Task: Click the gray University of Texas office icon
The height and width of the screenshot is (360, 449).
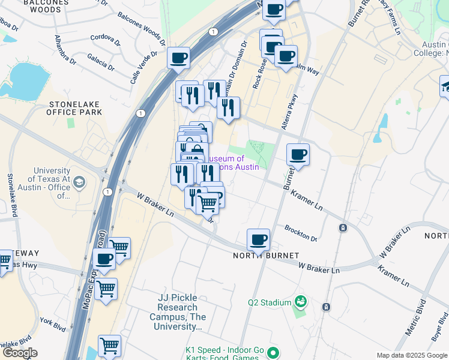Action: point(82,181)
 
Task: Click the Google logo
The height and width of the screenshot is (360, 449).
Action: point(20,353)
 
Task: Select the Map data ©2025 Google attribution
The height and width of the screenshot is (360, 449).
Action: point(412,355)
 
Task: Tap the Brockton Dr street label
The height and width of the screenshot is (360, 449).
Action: point(301,234)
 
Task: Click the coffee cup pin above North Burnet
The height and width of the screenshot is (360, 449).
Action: point(259,240)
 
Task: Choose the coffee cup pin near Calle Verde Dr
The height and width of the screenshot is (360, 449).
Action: point(178,59)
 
